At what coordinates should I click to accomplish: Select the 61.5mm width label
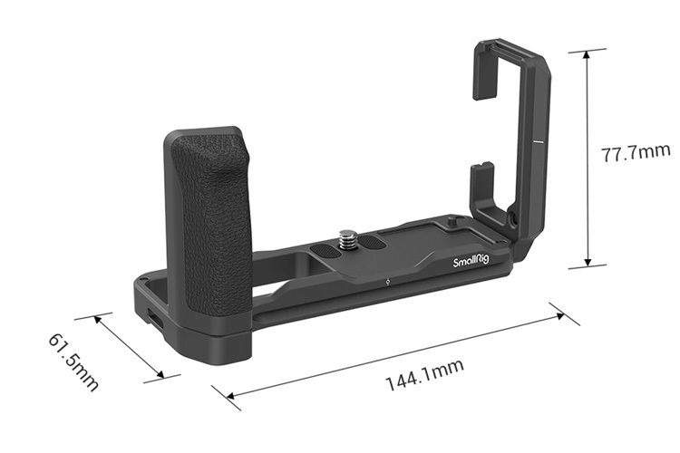[73, 361]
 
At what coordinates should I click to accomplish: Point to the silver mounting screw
[346, 239]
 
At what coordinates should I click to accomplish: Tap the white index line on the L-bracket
[537, 142]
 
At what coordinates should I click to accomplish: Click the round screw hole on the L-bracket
[514, 218]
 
